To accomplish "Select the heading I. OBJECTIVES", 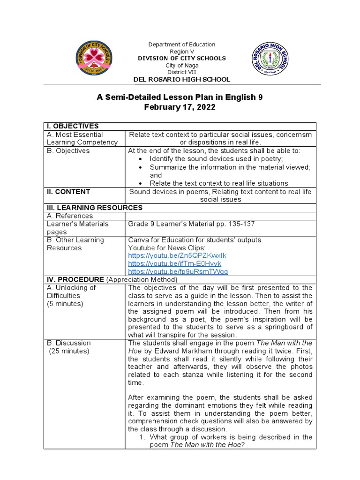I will point(72,126).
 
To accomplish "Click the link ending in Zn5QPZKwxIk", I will point(177,255).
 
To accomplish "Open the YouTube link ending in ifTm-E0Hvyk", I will point(174,263).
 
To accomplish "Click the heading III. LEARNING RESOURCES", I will point(94,208).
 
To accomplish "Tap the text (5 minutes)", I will point(65,304).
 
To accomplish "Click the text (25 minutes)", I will point(69,351).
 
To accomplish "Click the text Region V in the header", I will point(182,52).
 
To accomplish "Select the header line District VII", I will point(182,72).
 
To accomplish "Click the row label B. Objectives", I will point(68,151).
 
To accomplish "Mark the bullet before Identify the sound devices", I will point(141,159).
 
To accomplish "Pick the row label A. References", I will point(70,216).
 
